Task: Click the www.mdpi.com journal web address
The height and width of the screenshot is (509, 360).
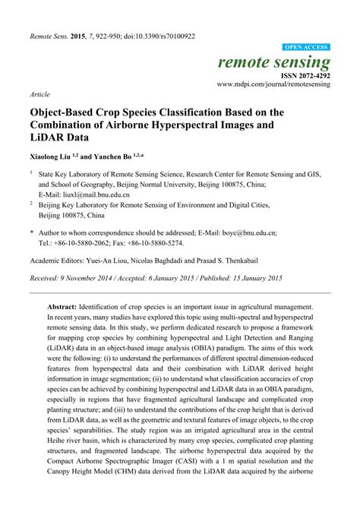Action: tap(274, 85)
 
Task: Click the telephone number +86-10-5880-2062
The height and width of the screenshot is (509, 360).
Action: tap(88, 243)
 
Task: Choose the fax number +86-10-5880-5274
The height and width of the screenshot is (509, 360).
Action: tap(156, 243)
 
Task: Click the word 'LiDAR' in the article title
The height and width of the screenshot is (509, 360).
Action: tap(49, 138)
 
